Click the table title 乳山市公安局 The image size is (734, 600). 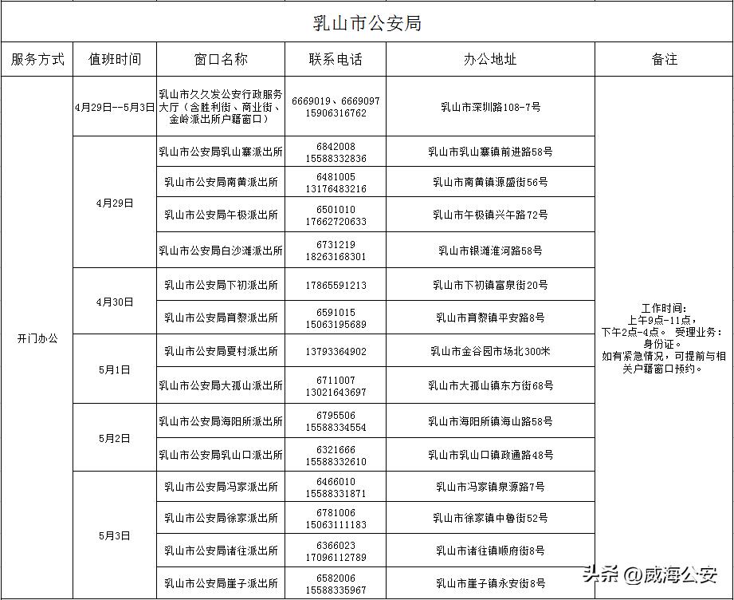coord(367,23)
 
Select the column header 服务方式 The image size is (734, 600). coord(37,59)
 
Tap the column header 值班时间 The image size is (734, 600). coord(115,59)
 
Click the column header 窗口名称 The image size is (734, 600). coord(221,59)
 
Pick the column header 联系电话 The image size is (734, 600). coord(336,59)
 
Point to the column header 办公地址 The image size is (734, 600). coord(490,59)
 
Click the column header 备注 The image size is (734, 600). coord(664,59)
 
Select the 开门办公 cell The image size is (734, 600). coord(37,338)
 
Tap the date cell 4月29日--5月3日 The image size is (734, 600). coord(115,107)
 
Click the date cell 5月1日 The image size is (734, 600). coord(115,370)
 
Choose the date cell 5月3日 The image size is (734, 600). coord(115,536)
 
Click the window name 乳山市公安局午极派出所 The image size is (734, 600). coord(221,215)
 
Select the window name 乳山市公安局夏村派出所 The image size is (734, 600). coord(221,351)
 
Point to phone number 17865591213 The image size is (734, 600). coord(336,285)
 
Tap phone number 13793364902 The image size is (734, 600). coord(336,351)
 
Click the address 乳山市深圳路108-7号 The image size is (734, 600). coord(490,107)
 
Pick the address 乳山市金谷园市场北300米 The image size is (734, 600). coord(490,351)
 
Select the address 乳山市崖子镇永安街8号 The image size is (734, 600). coord(490,583)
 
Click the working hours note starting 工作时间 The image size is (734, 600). coord(663,338)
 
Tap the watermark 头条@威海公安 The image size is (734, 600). coord(649,574)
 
